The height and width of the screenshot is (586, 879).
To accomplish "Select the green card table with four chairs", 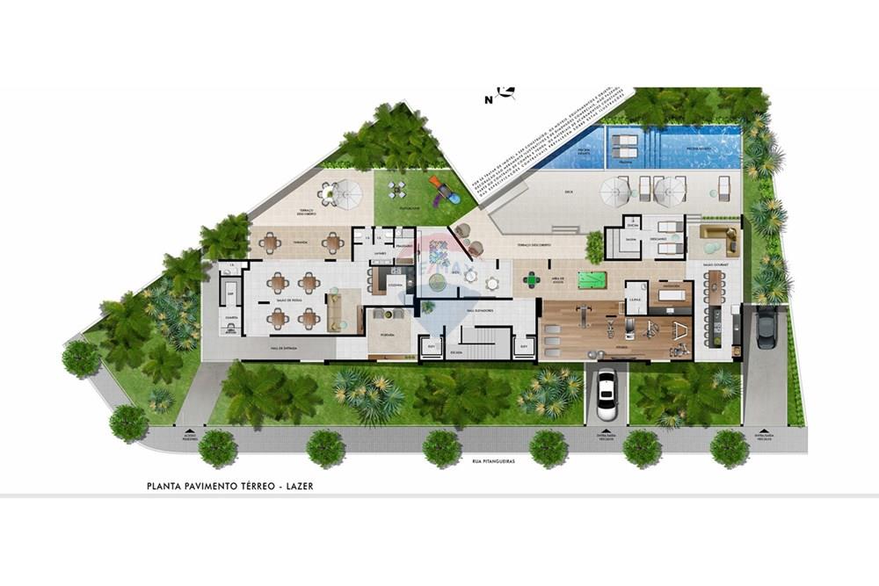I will pyautogui.click(x=532, y=280).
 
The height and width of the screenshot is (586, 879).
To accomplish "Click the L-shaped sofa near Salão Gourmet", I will pyautogui.click(x=718, y=239).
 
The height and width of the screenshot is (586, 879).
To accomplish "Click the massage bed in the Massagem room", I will pyautogui.click(x=672, y=294).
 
